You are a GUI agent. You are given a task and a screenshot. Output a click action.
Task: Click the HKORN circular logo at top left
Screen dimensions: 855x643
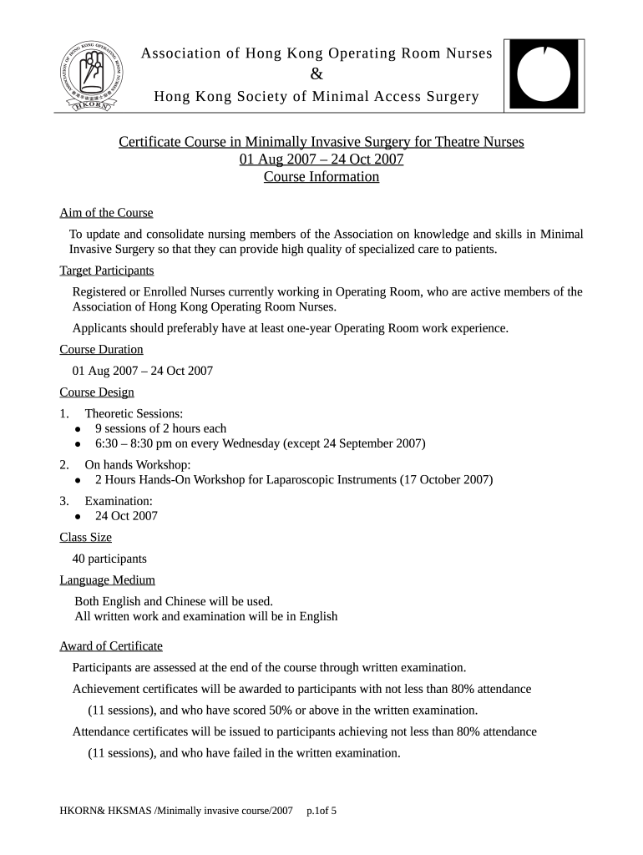(x=94, y=73)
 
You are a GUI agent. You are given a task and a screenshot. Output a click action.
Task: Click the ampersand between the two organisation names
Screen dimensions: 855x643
(x=316, y=75)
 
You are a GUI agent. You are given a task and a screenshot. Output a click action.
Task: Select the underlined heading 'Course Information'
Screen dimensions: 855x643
(x=321, y=177)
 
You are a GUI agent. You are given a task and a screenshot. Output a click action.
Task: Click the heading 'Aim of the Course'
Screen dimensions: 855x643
(x=106, y=213)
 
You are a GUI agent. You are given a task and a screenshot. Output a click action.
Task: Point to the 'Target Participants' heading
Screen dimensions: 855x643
(x=107, y=271)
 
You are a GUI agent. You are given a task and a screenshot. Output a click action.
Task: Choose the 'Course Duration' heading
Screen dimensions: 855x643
(x=101, y=349)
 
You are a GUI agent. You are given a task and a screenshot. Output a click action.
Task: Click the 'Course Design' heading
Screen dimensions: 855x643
(x=97, y=392)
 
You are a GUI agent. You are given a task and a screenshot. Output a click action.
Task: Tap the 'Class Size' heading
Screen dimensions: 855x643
(x=85, y=538)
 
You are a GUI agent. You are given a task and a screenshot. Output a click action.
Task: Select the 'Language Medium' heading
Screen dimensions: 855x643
(x=107, y=580)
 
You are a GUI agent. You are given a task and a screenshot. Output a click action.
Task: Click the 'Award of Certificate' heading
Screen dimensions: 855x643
(x=111, y=646)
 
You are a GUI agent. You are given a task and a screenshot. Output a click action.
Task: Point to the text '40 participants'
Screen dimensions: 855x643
(x=109, y=559)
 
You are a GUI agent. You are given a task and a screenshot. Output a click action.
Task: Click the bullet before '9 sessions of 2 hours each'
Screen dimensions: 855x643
(x=77, y=429)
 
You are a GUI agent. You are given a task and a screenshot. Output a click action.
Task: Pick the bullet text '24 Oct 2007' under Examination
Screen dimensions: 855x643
(x=126, y=516)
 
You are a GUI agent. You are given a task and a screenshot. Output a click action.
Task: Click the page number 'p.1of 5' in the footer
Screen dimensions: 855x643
(x=321, y=811)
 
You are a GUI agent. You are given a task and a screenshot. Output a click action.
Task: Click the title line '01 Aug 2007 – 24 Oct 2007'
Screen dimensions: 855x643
(x=321, y=159)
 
